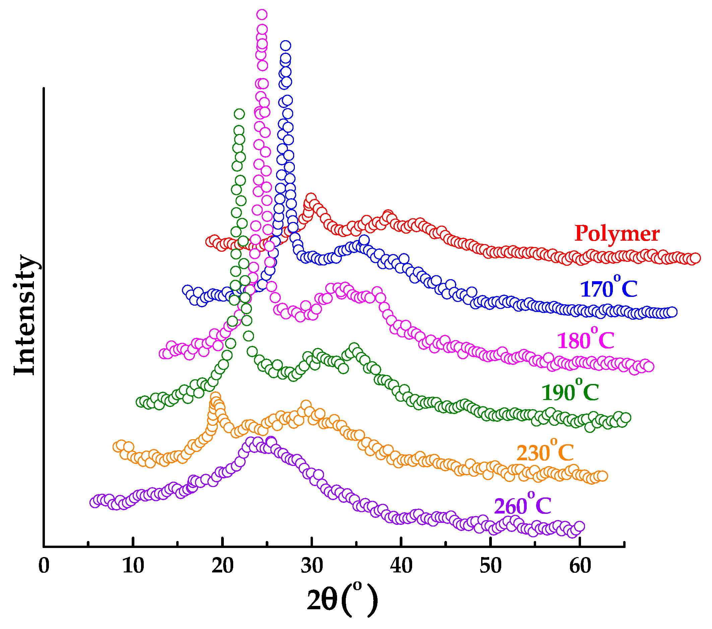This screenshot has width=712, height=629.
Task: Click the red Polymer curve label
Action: (617, 233)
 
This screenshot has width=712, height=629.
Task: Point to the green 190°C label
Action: (570, 392)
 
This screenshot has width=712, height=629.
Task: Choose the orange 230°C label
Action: (545, 452)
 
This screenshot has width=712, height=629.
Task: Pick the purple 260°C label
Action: (522, 505)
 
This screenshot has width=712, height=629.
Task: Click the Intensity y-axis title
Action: (25, 315)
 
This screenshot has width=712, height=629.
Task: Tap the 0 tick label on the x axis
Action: (44, 566)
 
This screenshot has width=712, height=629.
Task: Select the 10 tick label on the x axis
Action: (133, 566)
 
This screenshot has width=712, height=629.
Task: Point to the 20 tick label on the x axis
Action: (222, 566)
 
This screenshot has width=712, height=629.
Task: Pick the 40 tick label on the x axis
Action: (401, 566)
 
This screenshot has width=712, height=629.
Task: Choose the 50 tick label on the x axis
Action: (491, 566)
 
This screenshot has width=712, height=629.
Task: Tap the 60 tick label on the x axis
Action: (580, 566)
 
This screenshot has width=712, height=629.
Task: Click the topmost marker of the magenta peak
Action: (262, 15)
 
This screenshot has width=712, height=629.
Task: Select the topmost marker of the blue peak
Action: (285, 45)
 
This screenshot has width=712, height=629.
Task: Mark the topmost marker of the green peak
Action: (239, 113)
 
